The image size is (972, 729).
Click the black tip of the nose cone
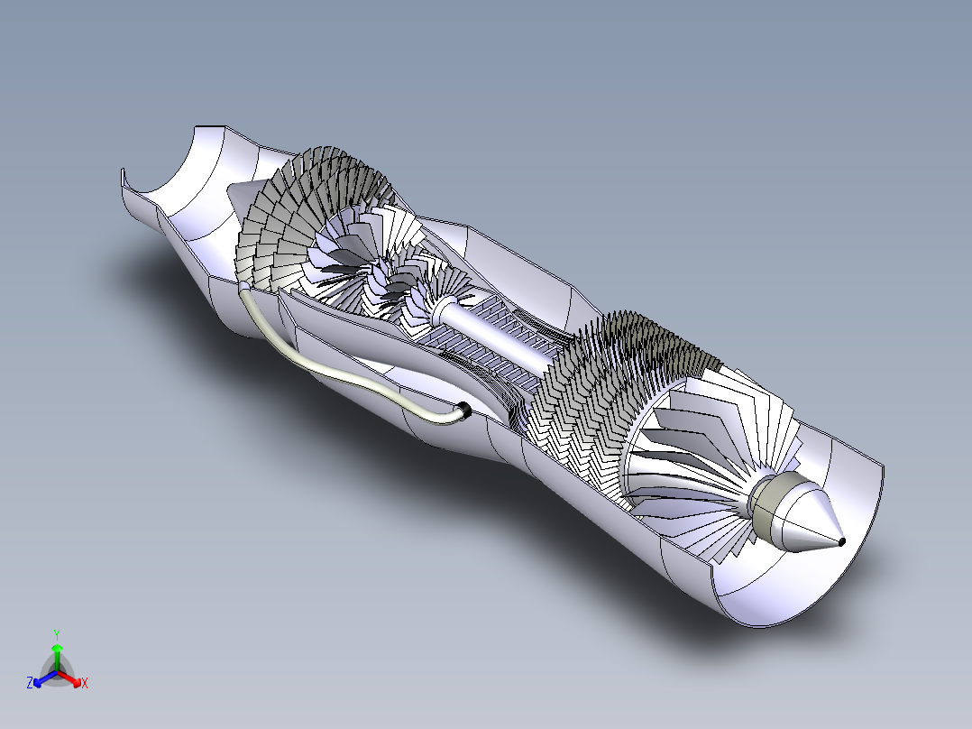[x=840, y=541]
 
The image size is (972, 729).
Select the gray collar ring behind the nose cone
[x=771, y=504]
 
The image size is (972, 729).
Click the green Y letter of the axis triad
[x=56, y=633]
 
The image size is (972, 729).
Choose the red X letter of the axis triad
[x=85, y=684]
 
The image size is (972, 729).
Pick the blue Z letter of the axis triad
[x=30, y=684]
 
